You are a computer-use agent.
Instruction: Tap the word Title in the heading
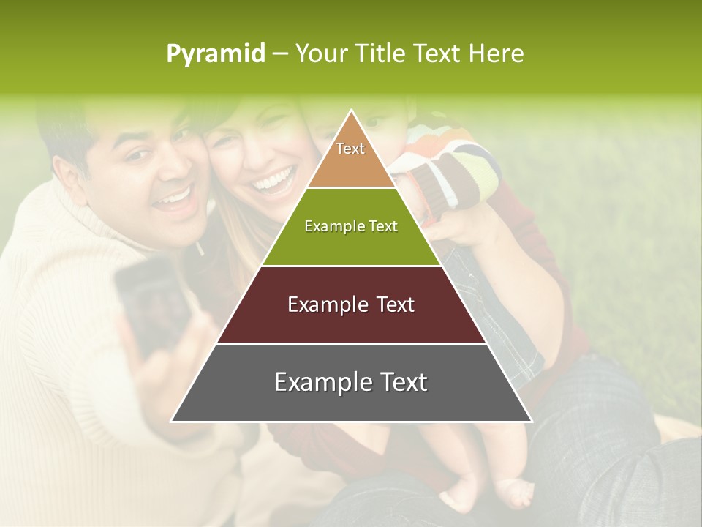pyautogui.click(x=380, y=53)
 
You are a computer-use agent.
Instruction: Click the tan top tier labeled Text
pyautogui.click(x=351, y=157)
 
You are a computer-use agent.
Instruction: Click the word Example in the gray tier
pyautogui.click(x=314, y=382)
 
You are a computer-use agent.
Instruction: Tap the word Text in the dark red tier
pyautogui.click(x=392, y=304)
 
